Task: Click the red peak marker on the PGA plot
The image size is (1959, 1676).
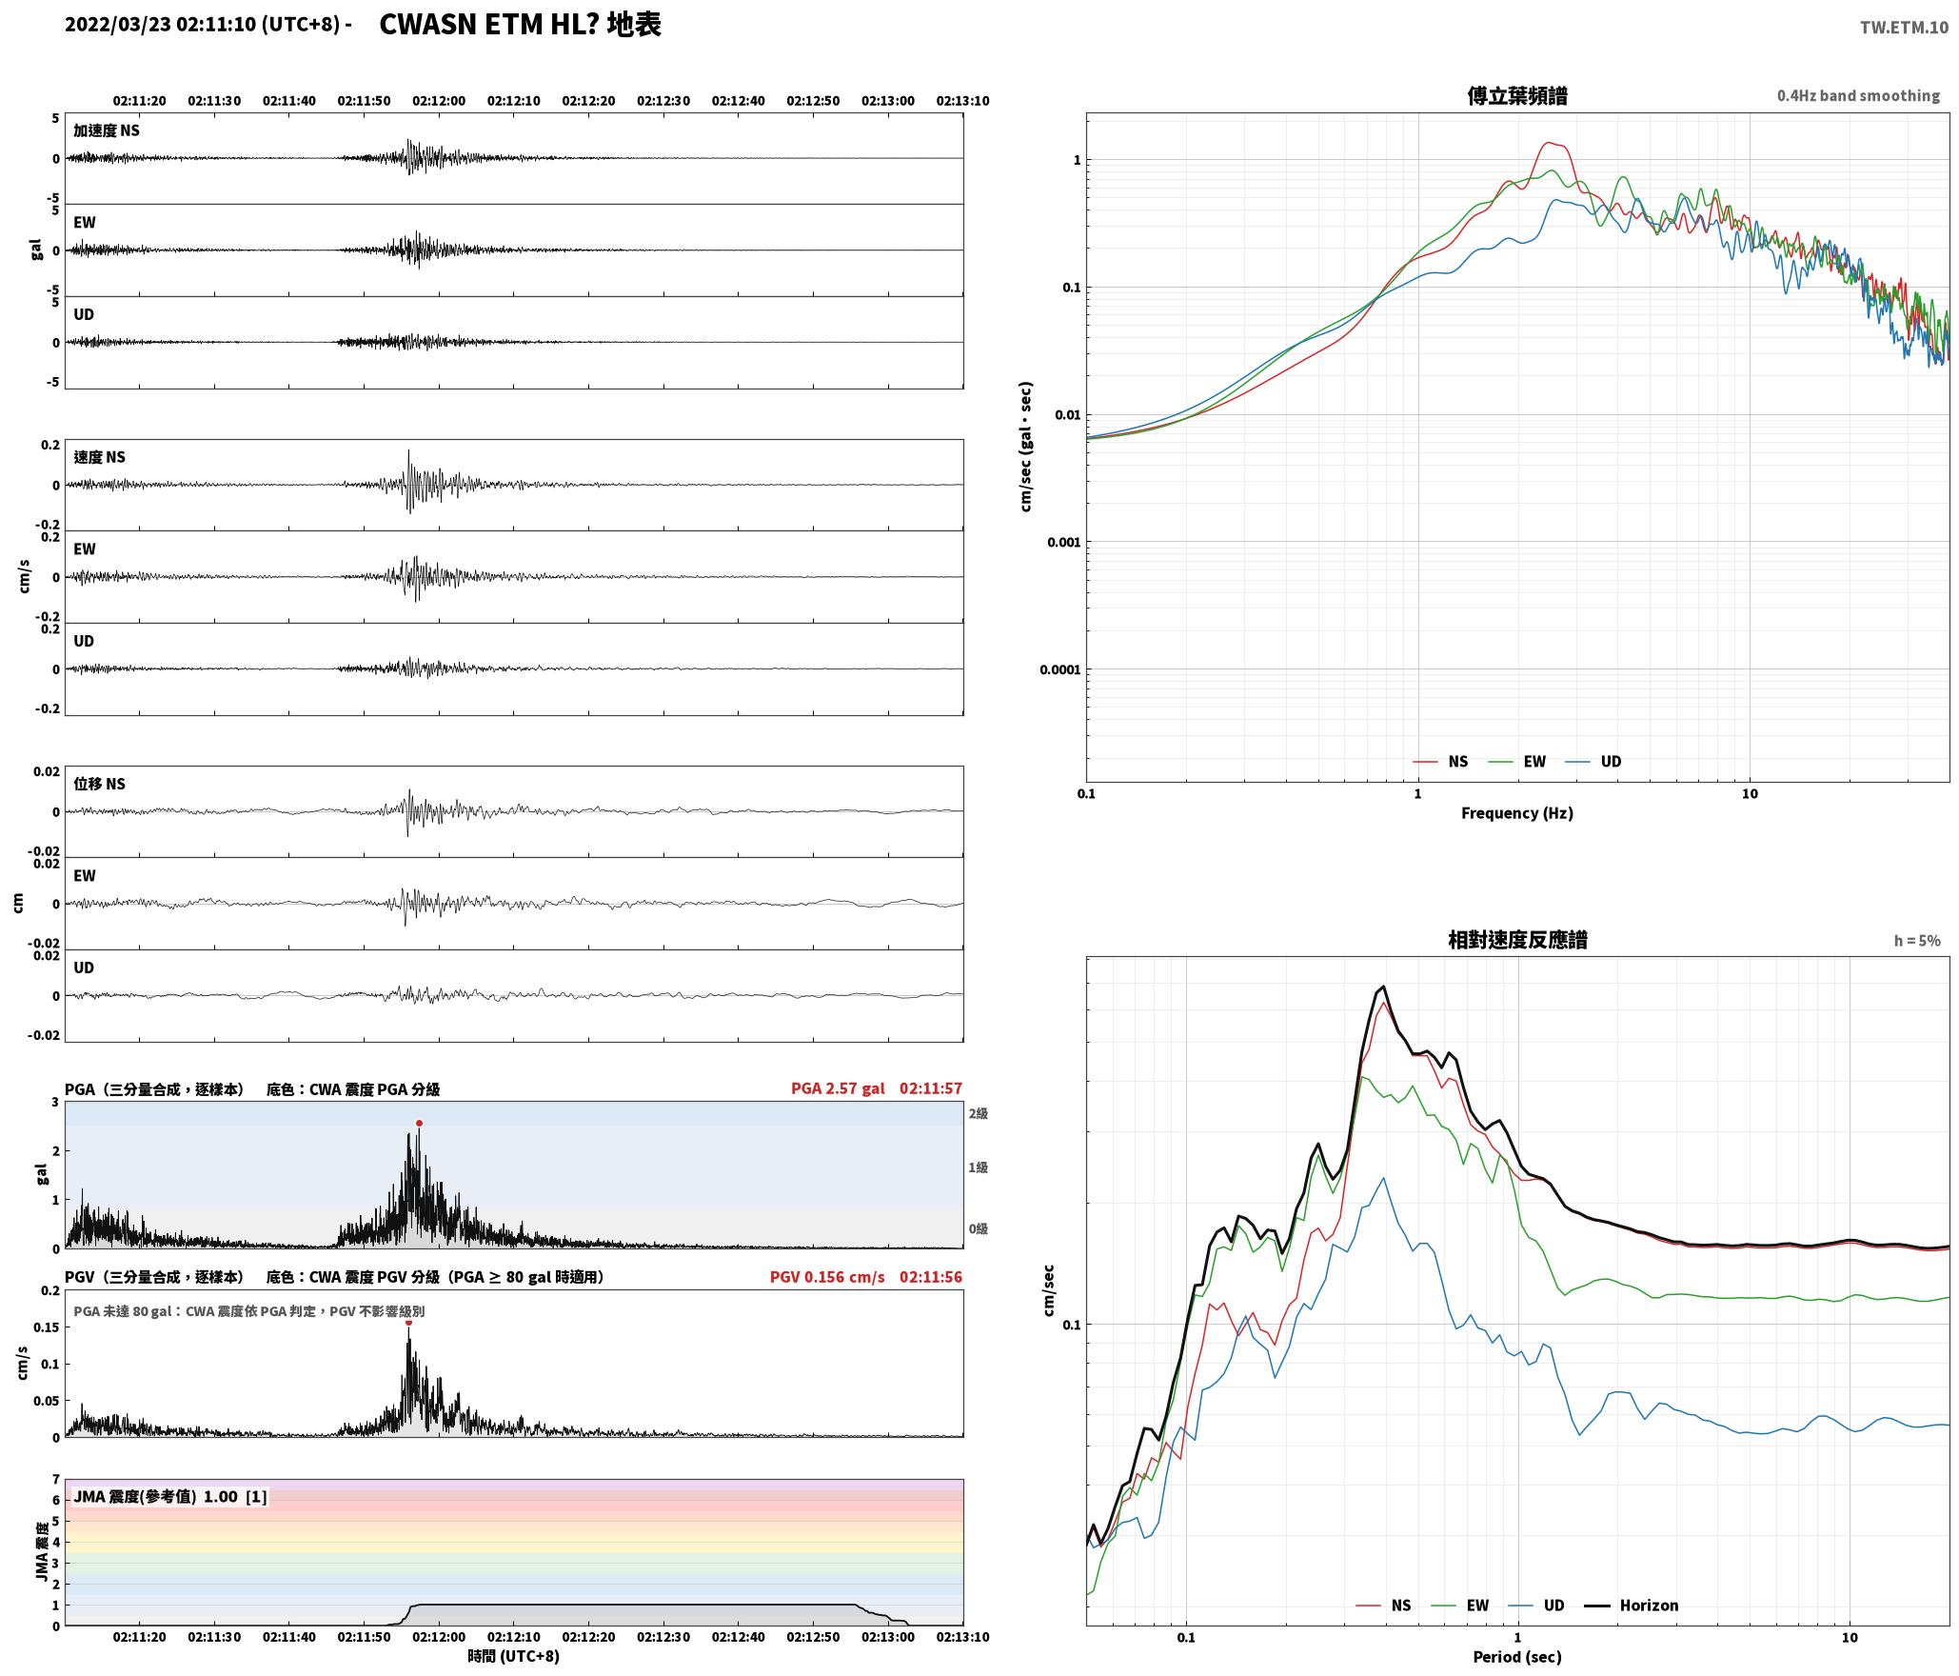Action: [x=419, y=1124]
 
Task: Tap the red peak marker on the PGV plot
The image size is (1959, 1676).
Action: [x=408, y=1322]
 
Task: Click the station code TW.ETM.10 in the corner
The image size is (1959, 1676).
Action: [x=1904, y=28]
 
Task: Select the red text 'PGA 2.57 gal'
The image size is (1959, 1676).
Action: [x=838, y=1088]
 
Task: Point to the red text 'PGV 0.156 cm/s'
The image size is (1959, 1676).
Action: [x=827, y=1277]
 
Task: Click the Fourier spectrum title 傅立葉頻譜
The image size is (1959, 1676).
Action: [x=1517, y=95]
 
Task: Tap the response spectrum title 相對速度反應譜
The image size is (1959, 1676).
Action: [x=1517, y=940]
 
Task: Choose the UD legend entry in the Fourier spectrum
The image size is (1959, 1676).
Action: [x=1593, y=762]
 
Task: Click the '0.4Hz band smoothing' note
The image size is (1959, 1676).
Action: [x=1858, y=96]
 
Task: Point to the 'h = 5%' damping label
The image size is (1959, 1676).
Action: [x=1917, y=941]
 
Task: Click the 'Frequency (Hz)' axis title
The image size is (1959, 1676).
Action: [x=1517, y=813]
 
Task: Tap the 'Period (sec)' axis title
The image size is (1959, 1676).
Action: [x=1517, y=1657]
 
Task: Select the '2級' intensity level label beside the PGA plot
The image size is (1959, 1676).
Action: [x=979, y=1114]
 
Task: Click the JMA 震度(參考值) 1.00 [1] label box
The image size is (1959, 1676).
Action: [x=170, y=1497]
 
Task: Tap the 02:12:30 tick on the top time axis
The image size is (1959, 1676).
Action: [x=663, y=101]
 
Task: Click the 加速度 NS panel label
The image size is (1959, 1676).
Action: [x=107, y=130]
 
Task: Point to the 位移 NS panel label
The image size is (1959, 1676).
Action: [x=100, y=784]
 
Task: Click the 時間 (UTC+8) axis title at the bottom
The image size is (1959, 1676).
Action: [x=514, y=1656]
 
